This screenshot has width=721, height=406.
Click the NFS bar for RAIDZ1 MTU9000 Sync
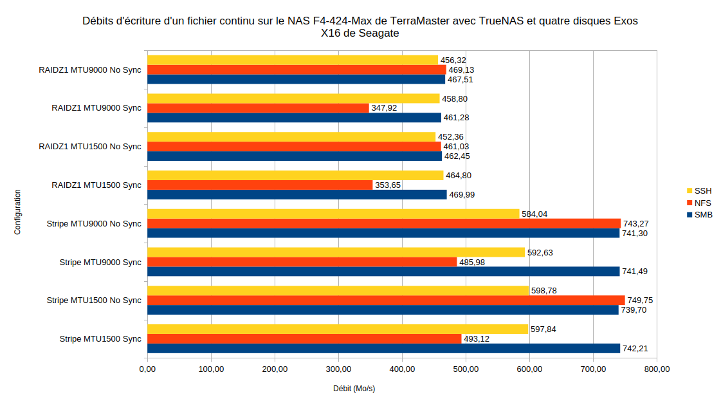258,108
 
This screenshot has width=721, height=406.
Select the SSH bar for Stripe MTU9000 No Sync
333,214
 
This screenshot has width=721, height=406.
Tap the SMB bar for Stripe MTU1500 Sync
383,348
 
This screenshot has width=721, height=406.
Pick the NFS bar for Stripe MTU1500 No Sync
386,300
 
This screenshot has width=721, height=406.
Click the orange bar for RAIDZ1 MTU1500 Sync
260,185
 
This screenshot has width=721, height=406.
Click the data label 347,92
385,108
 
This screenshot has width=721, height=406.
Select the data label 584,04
534,214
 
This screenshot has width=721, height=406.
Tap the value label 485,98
472,263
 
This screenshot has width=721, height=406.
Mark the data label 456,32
453,60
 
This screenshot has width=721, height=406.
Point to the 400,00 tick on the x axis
402,369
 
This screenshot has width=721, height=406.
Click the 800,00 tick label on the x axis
657,369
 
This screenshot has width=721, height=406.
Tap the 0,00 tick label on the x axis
147,369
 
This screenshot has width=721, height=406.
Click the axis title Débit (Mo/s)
354,389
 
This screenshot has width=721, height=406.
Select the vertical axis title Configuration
17,212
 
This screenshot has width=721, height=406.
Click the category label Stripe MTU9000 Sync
100,263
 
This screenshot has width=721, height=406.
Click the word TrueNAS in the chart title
499,21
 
